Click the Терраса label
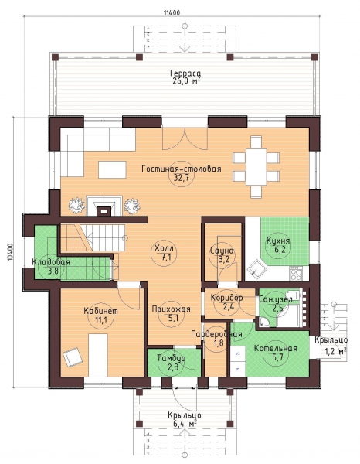tap(185, 73)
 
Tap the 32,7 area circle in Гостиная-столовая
tap(182, 177)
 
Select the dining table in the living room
tap(256, 166)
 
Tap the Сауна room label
tap(222, 251)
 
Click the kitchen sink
tap(256, 268)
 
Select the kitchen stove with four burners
tap(296, 274)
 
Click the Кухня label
tap(278, 241)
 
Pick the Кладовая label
tap(51, 262)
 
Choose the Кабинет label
tap(100, 311)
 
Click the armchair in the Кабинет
tap(73, 357)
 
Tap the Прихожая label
tap(172, 309)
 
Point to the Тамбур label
tap(172, 358)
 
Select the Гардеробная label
tap(216, 334)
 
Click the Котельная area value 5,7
tap(275, 357)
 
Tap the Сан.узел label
tap(276, 299)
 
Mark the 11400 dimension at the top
tap(172, 12)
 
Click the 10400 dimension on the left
tap(11, 252)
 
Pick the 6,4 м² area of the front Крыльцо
tap(185, 424)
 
